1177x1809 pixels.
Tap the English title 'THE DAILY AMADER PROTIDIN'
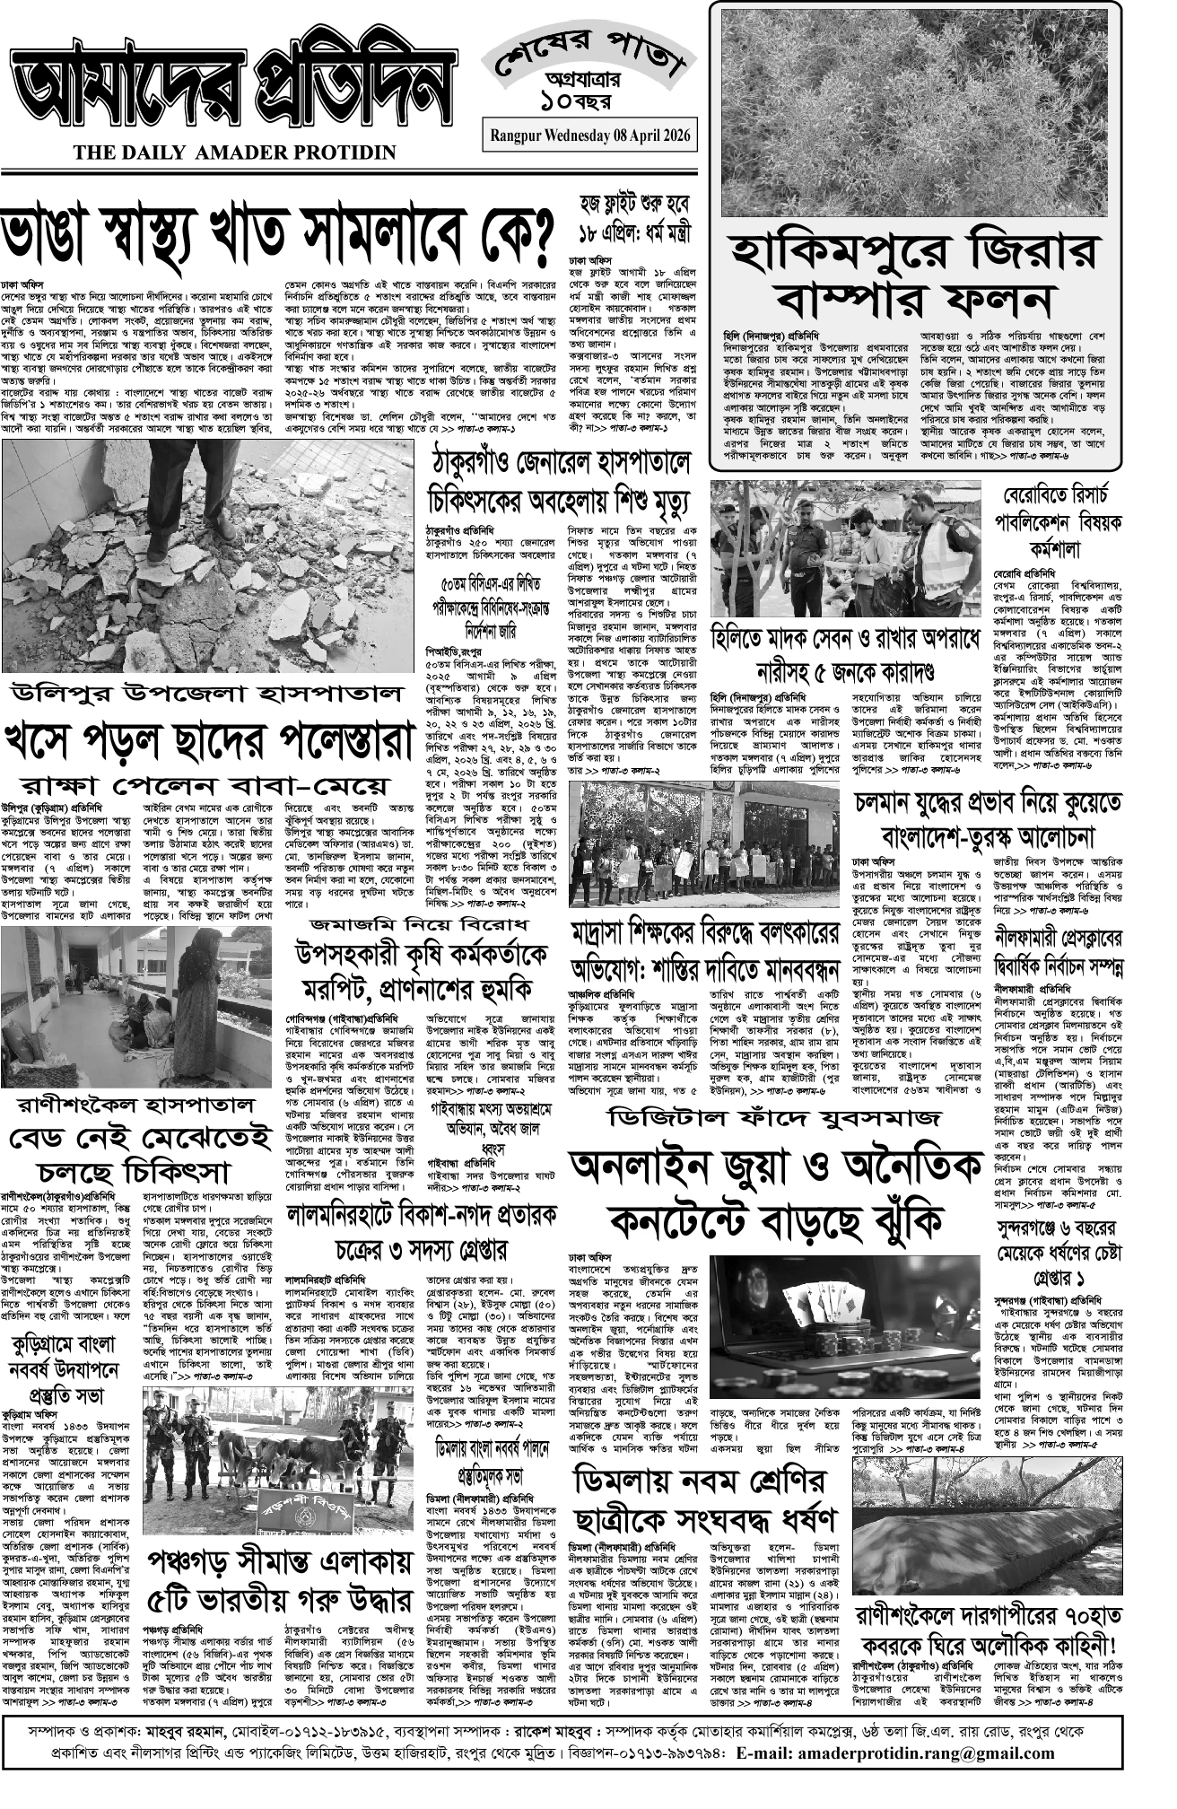(235, 153)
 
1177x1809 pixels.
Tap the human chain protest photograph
(705, 843)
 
